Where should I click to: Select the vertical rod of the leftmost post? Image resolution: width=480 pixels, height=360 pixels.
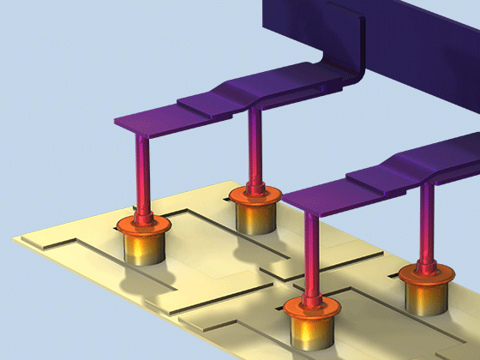(x=141, y=171)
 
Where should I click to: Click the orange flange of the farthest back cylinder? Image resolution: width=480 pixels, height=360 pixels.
(x=255, y=195)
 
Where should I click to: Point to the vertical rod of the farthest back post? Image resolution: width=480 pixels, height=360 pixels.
(x=254, y=146)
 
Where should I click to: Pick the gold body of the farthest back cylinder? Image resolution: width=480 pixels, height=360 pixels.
(x=255, y=216)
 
